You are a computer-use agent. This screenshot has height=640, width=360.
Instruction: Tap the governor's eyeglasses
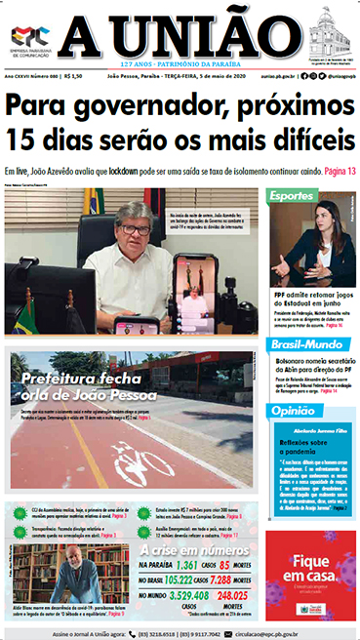(135, 227)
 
